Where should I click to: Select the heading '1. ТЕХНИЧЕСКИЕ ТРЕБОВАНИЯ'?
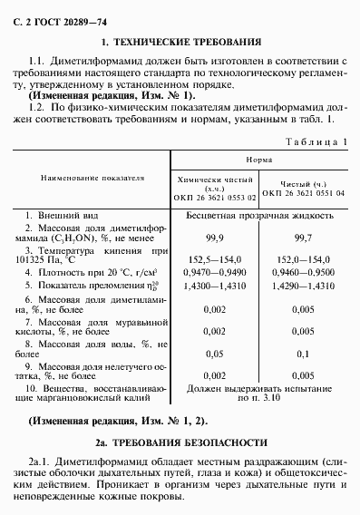(x=181, y=41)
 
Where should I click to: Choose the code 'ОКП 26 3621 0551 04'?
(x=305, y=192)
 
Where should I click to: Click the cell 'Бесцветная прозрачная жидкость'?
(x=259, y=218)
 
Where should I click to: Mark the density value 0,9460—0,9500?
(x=305, y=269)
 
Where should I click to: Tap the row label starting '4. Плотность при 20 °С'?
(x=86, y=269)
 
